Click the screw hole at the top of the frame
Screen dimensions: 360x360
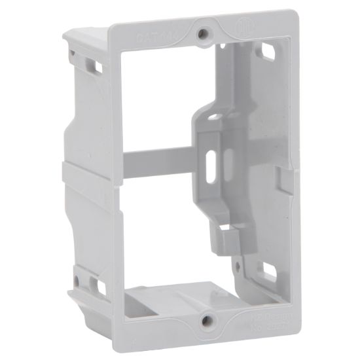coord(206,31)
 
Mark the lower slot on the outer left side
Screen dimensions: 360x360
coord(98,287)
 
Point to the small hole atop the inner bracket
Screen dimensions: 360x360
coord(213,118)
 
